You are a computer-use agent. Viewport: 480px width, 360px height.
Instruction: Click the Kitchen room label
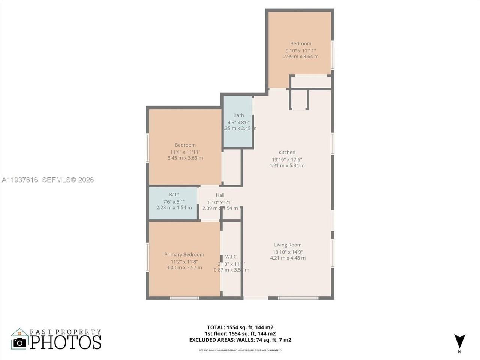[x=287, y=152]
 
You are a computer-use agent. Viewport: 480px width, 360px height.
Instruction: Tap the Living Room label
[x=288, y=244]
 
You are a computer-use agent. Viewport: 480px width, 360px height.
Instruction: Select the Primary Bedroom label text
[x=184, y=254]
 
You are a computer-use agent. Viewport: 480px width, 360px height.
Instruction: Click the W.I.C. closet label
[x=231, y=256]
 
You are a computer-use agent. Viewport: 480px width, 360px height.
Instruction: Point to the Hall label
[x=220, y=195]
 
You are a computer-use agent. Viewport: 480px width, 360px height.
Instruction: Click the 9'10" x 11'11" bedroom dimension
[x=301, y=50]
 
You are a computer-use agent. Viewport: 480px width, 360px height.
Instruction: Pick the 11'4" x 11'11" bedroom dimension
[x=185, y=152]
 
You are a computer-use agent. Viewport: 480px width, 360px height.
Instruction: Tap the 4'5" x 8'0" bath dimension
[x=238, y=122]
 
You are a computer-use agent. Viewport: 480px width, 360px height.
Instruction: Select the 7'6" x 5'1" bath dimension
[x=174, y=201]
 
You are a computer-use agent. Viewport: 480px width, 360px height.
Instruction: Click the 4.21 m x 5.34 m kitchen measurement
[x=287, y=165]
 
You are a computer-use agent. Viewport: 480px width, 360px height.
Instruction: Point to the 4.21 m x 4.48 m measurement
[x=288, y=258]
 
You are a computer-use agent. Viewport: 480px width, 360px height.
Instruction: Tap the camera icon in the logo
[x=19, y=342]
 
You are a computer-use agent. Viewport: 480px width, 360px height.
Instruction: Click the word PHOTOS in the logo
[x=66, y=342]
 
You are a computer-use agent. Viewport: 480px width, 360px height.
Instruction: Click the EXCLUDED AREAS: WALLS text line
[x=240, y=340]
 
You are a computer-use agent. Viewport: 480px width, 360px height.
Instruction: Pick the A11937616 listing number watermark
[x=19, y=180]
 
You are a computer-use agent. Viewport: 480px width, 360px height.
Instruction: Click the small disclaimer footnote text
[x=240, y=350]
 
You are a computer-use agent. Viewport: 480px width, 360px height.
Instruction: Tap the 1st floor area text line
[x=240, y=333]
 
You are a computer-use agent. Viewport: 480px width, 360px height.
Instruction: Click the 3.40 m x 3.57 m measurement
[x=184, y=267]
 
